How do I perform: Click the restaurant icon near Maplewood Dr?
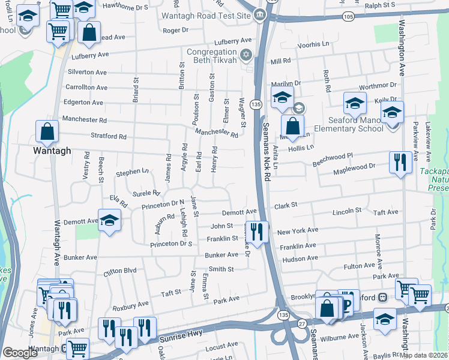coord(400,161)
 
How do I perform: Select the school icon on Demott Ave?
coord(109,221)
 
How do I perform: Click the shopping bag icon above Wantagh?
coord(47,131)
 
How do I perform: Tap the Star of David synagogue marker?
coord(245,56)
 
